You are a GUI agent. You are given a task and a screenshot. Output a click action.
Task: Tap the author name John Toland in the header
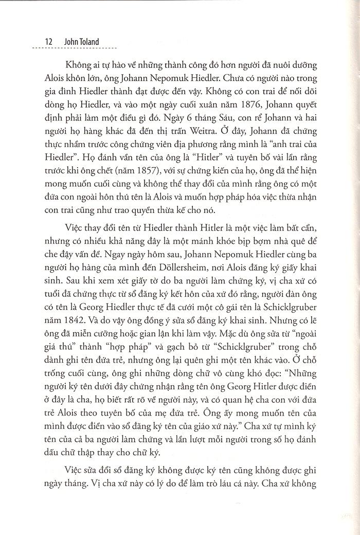(x=66, y=40)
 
